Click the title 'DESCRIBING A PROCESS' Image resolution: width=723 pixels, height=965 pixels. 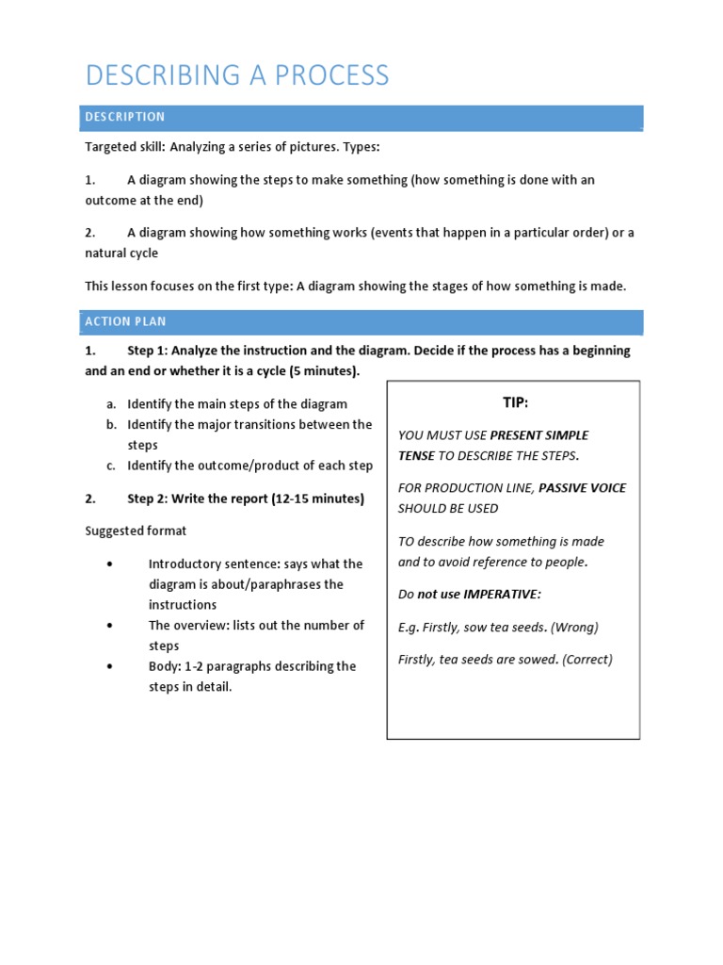236,75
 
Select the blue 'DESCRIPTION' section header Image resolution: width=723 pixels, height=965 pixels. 125,117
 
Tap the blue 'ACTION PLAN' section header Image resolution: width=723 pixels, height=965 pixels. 125,321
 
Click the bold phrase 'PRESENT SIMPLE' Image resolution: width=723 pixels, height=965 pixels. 539,435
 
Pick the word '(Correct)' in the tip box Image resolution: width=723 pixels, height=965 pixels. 586,660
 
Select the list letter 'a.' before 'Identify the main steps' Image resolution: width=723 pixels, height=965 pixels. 111,404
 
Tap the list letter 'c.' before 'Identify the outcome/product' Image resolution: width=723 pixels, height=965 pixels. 111,466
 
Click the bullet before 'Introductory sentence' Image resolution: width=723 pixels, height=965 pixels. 111,564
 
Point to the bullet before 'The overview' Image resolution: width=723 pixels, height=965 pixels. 111,626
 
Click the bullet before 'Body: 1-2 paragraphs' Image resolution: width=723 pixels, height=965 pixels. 111,666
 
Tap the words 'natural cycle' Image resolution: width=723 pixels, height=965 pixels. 121,253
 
